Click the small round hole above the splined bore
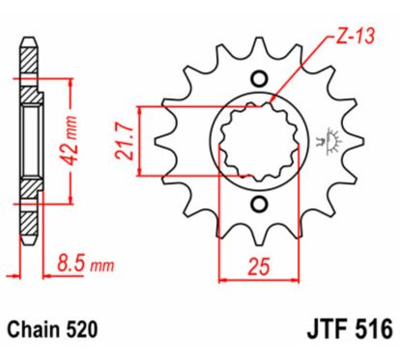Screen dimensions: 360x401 pos(258,79)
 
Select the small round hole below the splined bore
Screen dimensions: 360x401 pos(259,204)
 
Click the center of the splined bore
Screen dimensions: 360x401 pos(259,142)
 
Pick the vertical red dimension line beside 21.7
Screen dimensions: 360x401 pos(142,142)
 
